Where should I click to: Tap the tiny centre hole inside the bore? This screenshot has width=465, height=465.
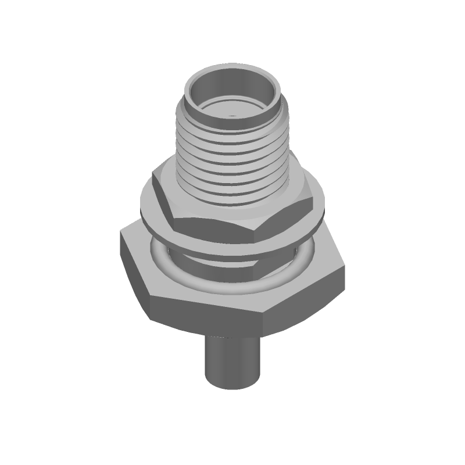233,115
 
